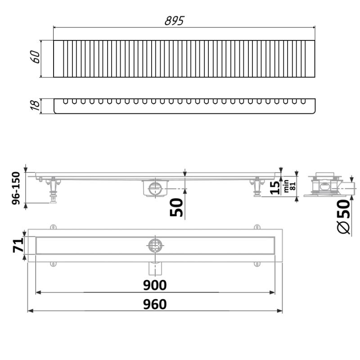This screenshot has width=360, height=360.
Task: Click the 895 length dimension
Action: click(x=174, y=21)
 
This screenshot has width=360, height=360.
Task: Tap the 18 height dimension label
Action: click(x=35, y=106)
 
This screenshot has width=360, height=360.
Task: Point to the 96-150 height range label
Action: click(x=16, y=188)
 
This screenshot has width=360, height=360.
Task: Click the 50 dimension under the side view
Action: click(x=177, y=207)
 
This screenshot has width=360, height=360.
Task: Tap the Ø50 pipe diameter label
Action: click(x=343, y=216)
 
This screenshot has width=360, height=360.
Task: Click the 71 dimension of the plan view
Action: click(x=18, y=246)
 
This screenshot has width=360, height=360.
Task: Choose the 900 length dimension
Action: click(x=155, y=285)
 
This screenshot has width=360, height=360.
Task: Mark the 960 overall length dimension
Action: click(x=155, y=304)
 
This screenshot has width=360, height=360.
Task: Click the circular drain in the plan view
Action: click(x=155, y=245)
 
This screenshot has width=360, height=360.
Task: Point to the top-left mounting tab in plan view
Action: click(x=53, y=227)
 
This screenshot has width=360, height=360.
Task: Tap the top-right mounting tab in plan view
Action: click(x=256, y=227)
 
